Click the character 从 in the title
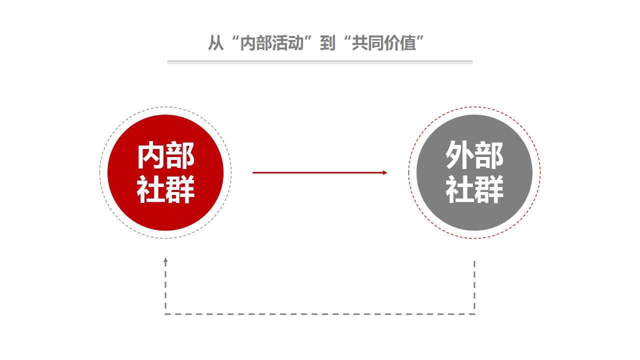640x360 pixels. tap(215, 43)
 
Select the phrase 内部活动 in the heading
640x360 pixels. tap(271, 43)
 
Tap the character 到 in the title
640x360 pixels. tap(327, 43)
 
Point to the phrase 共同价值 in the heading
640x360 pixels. tap(383, 43)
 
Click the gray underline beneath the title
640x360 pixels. tap(319, 61)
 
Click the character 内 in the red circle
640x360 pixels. tap(150, 155)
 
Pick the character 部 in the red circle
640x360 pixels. tap(180, 155)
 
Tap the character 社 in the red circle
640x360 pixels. tap(150, 189)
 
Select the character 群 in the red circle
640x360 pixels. tap(180, 189)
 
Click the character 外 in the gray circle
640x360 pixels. tap(459, 155)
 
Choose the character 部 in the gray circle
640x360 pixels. tap(489, 155)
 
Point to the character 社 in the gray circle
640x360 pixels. tap(459, 189)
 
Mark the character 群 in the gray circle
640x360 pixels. tap(489, 189)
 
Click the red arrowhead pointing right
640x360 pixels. tap(385, 172)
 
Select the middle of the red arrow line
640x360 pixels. tap(319, 172)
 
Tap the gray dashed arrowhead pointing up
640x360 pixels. tap(165, 260)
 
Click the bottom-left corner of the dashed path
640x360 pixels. tap(165, 314)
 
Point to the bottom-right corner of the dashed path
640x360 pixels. tap(474, 314)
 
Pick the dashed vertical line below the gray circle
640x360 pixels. tap(474, 287)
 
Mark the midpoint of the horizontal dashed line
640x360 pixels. tap(320, 314)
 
